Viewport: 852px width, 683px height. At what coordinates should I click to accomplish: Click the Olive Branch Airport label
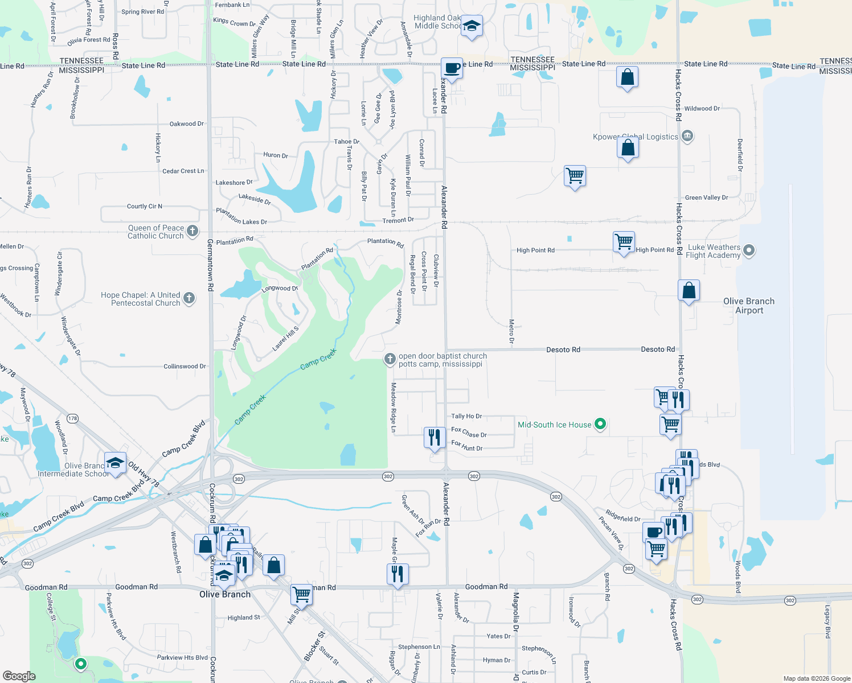[748, 306]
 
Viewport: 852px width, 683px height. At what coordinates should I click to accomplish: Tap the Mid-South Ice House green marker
[600, 424]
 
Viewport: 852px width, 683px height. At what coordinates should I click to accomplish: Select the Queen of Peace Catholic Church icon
[192, 231]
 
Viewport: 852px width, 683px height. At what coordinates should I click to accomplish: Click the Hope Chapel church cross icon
[189, 298]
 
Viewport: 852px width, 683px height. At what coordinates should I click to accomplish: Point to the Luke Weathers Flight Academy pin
[749, 250]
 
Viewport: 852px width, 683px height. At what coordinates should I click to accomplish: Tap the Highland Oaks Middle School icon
[472, 26]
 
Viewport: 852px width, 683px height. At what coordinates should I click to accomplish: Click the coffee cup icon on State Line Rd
[452, 69]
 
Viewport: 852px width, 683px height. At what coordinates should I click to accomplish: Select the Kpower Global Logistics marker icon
[687, 137]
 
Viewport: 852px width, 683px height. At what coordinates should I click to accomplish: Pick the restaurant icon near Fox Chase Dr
[435, 438]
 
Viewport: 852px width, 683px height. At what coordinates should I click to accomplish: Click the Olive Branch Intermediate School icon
[115, 463]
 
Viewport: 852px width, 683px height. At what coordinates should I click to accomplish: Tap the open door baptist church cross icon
[390, 359]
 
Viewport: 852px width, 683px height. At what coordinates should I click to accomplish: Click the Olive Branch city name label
[225, 594]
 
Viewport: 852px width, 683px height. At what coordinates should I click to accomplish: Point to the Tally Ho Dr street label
[466, 417]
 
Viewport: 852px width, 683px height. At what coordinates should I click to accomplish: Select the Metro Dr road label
[511, 331]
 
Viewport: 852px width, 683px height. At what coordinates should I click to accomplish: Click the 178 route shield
[72, 418]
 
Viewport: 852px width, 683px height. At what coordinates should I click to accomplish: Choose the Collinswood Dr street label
[185, 367]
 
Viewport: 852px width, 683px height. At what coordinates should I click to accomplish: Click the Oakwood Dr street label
[186, 124]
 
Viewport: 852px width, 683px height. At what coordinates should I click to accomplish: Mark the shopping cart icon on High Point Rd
[624, 242]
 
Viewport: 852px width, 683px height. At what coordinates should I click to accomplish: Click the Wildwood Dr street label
[702, 109]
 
